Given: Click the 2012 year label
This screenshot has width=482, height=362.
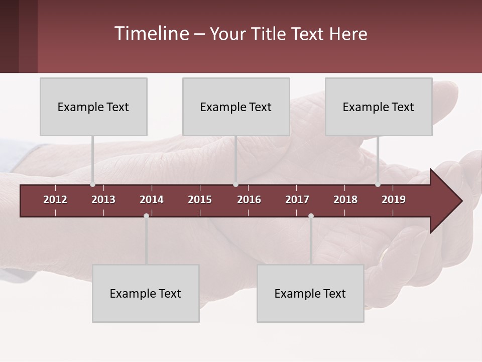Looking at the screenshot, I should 55,200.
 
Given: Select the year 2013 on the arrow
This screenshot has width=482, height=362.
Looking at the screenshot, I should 103,200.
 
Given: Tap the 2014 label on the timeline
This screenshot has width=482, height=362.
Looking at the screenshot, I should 152,200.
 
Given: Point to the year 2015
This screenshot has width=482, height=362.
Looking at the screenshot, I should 200,200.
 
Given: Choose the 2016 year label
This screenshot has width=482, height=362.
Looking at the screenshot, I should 249,200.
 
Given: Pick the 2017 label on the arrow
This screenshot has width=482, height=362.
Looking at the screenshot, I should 297,200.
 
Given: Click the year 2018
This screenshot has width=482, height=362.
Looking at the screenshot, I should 345,200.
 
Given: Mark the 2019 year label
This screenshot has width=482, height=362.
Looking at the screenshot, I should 394,200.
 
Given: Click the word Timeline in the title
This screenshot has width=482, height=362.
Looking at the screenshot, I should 151,34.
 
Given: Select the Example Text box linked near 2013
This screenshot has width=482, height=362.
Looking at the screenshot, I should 93,107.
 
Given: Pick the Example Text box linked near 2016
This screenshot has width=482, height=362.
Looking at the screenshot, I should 236,107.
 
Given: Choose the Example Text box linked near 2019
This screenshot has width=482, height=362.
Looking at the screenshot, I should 379,107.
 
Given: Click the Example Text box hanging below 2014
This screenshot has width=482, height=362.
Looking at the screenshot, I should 146,293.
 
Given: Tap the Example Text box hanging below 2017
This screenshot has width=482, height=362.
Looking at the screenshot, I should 310,293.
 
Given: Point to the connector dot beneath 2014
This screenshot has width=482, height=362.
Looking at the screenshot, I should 146,216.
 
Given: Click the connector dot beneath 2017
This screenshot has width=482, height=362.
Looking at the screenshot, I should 311,216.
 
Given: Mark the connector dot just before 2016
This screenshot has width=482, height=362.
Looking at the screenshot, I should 235,185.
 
